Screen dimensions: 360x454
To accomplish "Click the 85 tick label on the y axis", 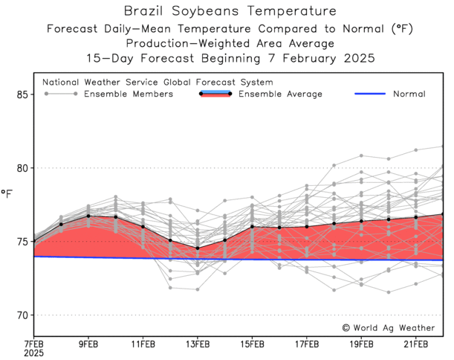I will tap(22, 94).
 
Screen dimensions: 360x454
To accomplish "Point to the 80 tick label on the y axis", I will tap(22, 168).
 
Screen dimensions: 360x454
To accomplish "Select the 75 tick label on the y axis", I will tap(22, 242).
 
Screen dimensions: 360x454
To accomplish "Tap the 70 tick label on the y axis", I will tap(22, 315).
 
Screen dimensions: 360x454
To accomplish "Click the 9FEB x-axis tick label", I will tap(88, 344).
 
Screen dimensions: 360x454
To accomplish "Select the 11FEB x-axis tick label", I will tap(143, 344).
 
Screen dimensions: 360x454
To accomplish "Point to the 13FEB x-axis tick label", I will tap(198, 344).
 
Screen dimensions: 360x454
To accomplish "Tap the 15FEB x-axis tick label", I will tap(252, 344).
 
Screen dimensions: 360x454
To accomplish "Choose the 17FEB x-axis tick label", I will tap(307, 344).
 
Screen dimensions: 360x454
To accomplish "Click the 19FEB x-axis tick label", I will tap(361, 344).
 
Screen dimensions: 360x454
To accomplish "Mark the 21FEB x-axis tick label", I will tap(416, 344).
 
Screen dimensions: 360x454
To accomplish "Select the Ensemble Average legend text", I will tap(280, 94).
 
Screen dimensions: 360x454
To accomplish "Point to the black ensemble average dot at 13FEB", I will tap(198, 248).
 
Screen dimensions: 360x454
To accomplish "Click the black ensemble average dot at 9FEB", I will tap(88, 216).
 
